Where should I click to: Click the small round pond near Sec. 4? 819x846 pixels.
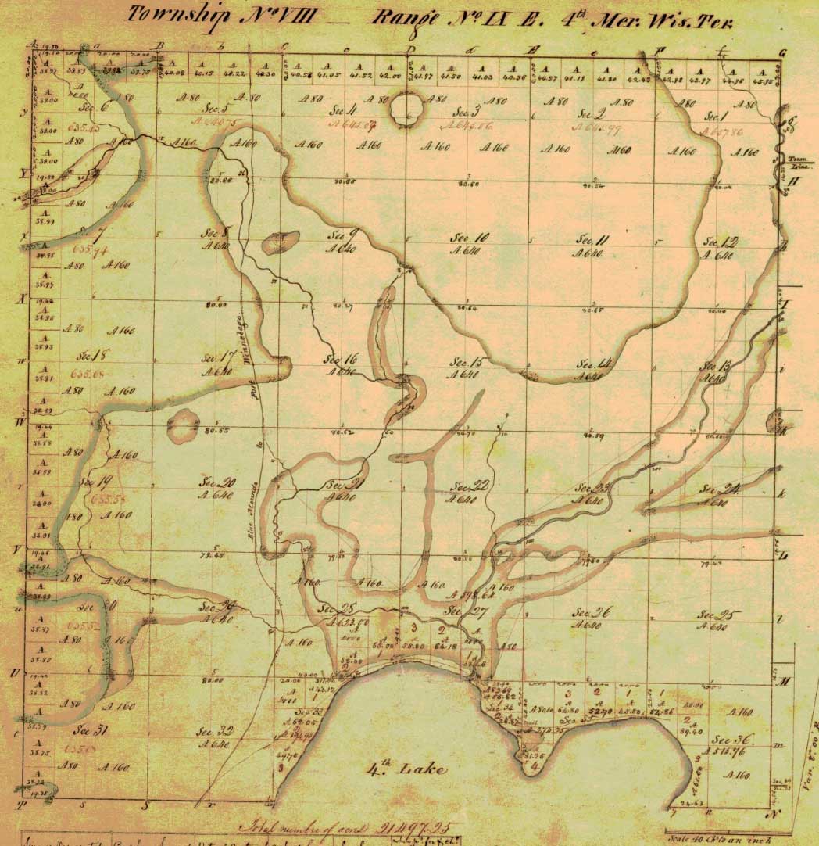tap(408, 106)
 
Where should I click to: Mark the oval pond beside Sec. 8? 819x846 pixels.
tap(280, 243)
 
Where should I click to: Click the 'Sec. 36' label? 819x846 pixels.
tap(732, 740)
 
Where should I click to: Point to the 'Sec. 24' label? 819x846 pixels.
tap(719, 489)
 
